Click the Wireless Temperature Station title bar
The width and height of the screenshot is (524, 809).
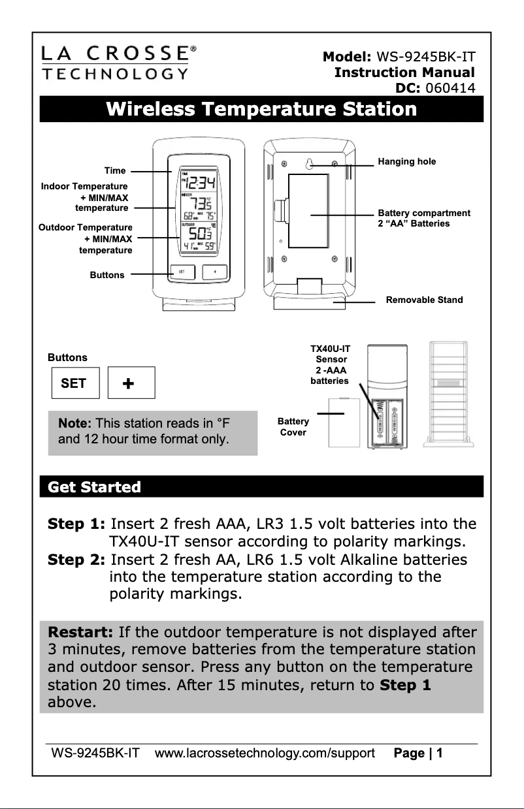click(x=261, y=108)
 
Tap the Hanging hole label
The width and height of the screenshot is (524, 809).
click(x=407, y=161)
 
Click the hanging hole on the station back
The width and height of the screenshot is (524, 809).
click(x=312, y=165)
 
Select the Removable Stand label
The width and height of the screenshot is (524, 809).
click(x=424, y=300)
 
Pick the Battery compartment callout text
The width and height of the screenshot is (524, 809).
click(x=423, y=218)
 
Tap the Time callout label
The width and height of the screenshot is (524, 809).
click(x=115, y=170)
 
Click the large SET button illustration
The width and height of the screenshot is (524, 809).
click(x=74, y=383)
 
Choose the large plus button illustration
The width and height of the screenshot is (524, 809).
click(x=130, y=383)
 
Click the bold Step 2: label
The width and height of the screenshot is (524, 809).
click(x=76, y=560)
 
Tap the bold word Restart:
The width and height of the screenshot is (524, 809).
click(x=81, y=632)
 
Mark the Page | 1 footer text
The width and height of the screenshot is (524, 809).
click(x=418, y=753)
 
